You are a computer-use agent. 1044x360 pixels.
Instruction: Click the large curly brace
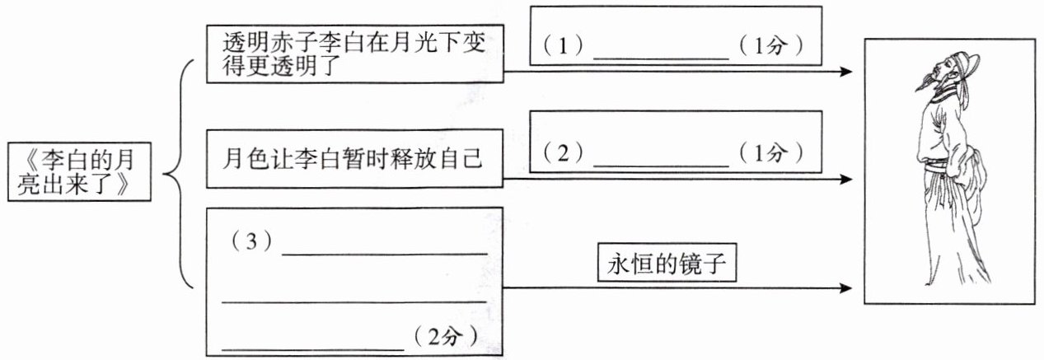[179, 174]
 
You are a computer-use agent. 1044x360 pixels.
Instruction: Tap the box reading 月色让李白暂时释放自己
[353, 157]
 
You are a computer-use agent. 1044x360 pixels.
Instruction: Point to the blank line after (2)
[661, 164]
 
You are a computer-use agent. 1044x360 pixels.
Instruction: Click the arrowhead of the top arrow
[845, 72]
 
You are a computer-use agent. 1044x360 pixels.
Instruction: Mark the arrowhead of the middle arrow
[845, 178]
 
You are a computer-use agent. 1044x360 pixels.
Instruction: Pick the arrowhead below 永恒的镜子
[845, 288]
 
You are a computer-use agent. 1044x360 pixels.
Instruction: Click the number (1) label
[563, 46]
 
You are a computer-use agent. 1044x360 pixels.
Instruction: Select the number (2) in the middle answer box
[563, 152]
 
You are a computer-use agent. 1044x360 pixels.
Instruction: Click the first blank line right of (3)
[385, 254]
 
